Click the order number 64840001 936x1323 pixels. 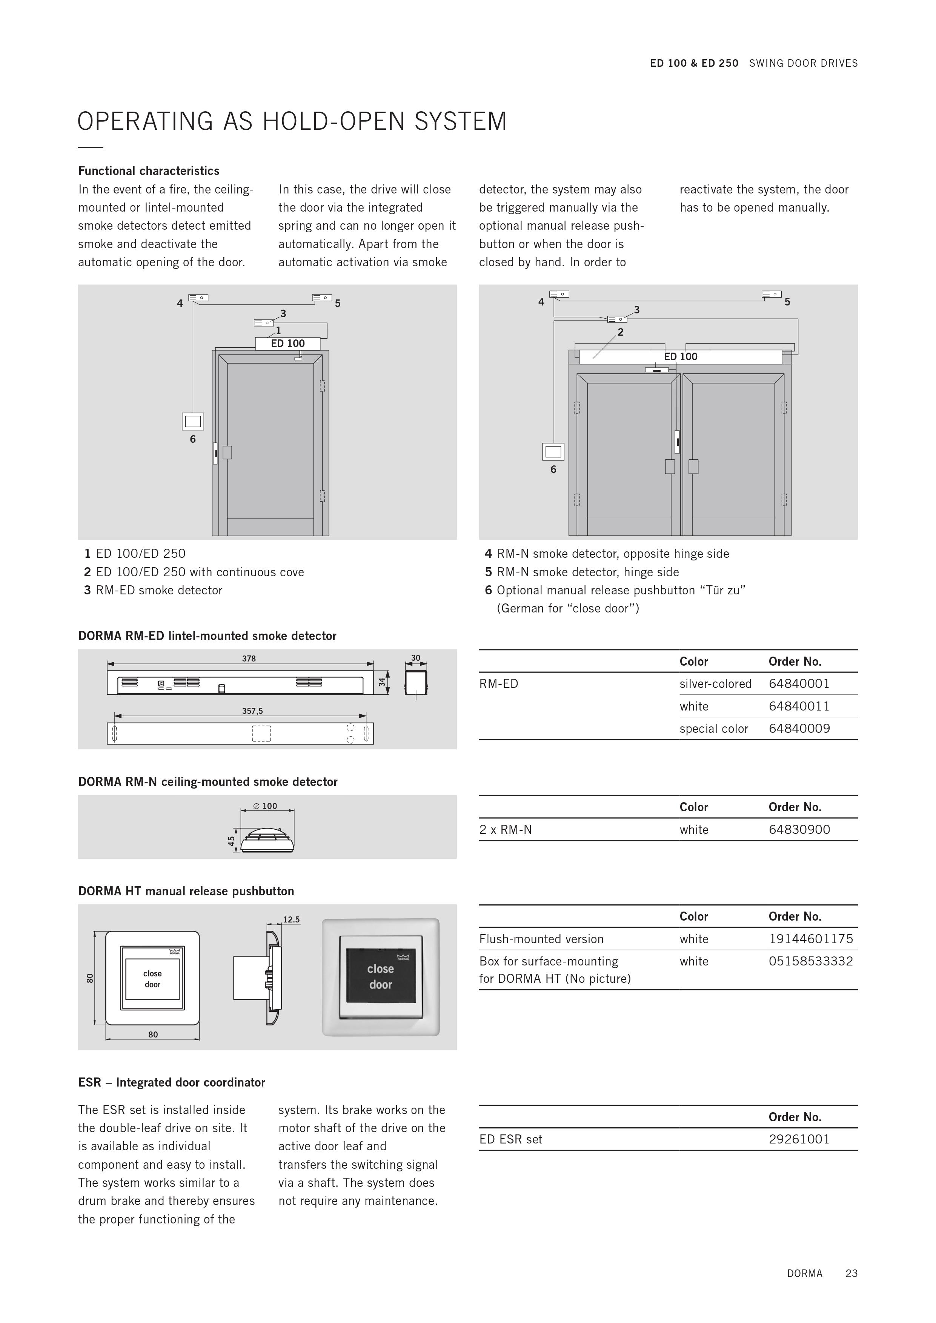tap(799, 684)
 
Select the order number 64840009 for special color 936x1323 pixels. tap(799, 729)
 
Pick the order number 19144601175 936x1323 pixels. tap(810, 939)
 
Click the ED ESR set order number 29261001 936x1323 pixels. tap(799, 1139)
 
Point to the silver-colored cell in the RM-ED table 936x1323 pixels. tap(715, 684)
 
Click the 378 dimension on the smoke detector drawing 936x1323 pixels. tap(249, 658)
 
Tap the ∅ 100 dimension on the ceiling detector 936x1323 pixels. tap(266, 806)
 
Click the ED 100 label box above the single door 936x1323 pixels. tap(287, 344)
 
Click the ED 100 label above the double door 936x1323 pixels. tap(680, 357)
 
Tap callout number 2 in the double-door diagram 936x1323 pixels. tap(620, 332)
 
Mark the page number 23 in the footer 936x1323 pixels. tap(851, 1274)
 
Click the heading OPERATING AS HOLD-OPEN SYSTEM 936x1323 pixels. tap(292, 121)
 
